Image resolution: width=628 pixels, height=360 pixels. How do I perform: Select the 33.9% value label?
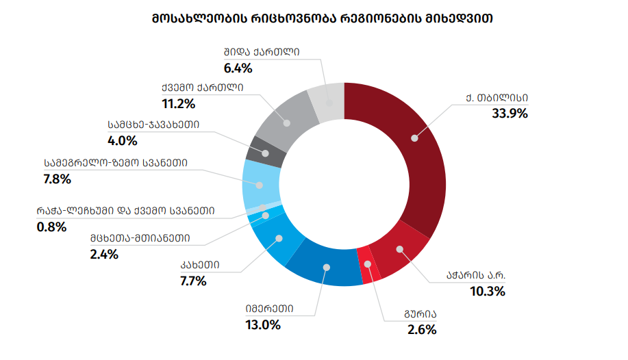(x=510, y=114)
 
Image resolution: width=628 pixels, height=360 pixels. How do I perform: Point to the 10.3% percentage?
(x=487, y=291)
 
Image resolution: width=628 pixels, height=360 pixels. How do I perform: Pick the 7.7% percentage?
(x=194, y=281)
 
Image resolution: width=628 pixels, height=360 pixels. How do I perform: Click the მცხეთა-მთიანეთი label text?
(x=140, y=238)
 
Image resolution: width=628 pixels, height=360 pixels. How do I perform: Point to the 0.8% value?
(x=51, y=227)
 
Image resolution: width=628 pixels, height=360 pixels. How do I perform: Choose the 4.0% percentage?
(x=123, y=141)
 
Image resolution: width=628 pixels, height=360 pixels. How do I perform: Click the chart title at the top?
(x=313, y=18)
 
